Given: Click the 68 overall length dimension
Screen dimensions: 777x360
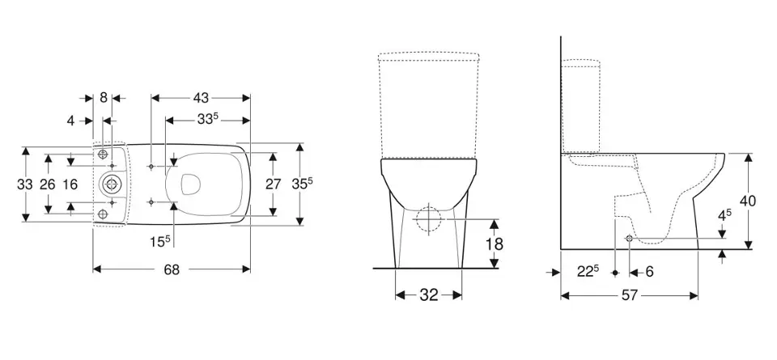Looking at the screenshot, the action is (x=172, y=269).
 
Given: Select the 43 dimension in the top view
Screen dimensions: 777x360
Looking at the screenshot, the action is (x=201, y=98).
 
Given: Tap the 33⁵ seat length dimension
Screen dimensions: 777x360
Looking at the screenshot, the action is (x=208, y=120).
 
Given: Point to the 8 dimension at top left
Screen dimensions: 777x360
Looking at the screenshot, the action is (x=103, y=98).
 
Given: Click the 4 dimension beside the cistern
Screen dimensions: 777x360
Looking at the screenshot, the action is (x=71, y=121).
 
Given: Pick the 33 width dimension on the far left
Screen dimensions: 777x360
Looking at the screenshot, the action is (x=25, y=184).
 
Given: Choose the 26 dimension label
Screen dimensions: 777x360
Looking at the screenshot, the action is (x=48, y=184).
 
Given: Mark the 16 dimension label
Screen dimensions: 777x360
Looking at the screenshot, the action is (x=70, y=184).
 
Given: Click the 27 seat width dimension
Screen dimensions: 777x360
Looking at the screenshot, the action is (x=273, y=184).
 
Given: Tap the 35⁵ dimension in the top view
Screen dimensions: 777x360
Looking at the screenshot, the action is (x=302, y=184).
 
